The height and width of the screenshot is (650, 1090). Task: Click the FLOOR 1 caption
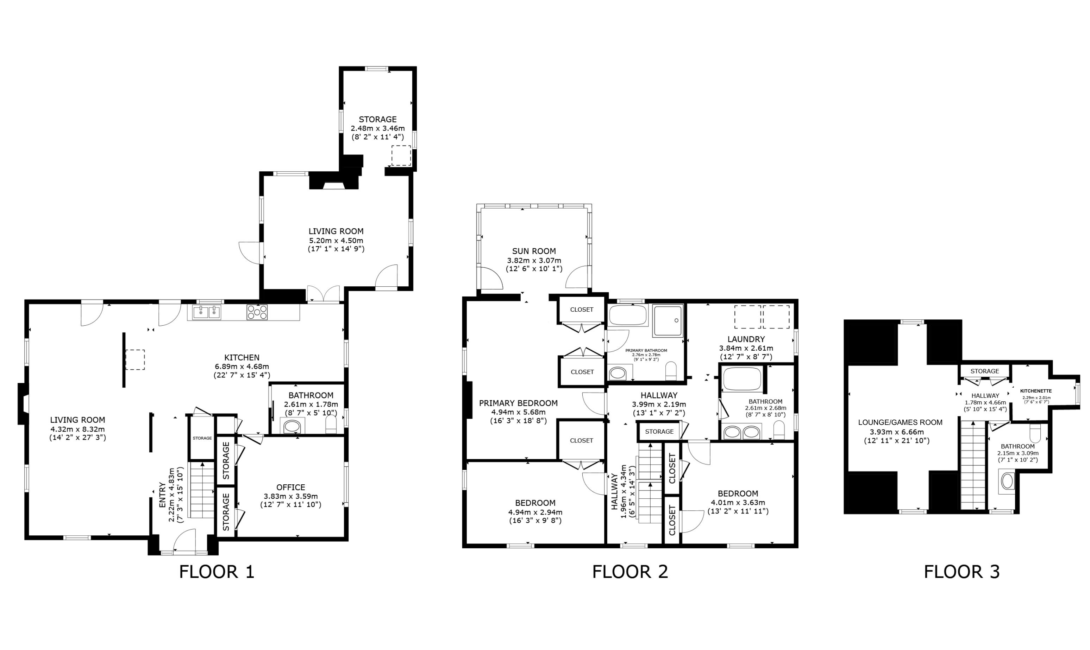(x=217, y=572)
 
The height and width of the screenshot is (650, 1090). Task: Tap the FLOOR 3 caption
(x=961, y=572)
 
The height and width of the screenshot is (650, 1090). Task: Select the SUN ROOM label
(x=534, y=251)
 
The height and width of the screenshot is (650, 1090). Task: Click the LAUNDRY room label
(x=746, y=339)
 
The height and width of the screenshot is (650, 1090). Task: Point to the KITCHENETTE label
(x=1036, y=391)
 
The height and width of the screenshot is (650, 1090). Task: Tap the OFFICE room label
(x=290, y=487)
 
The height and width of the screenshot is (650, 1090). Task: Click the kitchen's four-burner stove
(x=257, y=312)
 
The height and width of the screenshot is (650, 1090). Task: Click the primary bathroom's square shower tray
(x=668, y=321)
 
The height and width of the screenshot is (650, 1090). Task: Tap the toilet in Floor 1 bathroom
(x=331, y=424)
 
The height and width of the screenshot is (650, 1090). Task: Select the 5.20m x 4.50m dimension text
(x=336, y=241)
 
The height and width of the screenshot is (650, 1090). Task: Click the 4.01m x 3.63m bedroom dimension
(x=738, y=502)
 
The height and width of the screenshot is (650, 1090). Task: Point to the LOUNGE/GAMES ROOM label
(x=900, y=422)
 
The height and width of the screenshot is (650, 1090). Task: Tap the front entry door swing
(x=184, y=540)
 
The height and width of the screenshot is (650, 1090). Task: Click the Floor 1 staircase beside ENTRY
(x=202, y=490)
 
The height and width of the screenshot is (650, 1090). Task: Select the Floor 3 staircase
(x=973, y=465)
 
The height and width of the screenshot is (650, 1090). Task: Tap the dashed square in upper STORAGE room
(x=401, y=155)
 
